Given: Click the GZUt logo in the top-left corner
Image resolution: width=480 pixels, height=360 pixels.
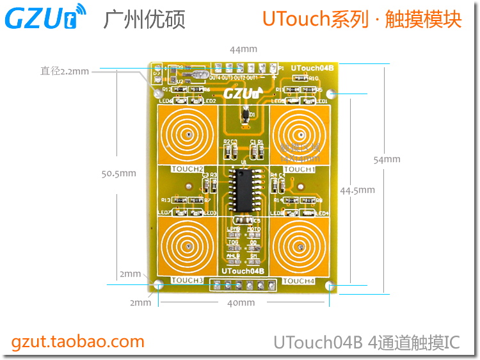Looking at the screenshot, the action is tap(45, 17).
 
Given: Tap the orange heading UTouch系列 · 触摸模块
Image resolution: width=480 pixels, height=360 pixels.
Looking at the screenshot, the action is tap(362, 19).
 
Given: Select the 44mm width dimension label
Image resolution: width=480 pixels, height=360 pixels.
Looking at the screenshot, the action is tap(243, 49).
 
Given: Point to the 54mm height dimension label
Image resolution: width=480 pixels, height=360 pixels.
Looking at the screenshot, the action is tap(387, 160).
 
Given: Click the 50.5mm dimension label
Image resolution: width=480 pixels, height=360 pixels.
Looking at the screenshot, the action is tap(119, 173).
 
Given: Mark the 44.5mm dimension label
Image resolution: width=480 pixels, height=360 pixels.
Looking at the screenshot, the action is tap(358, 190).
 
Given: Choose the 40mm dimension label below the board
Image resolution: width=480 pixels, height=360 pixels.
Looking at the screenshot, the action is tap(242, 303).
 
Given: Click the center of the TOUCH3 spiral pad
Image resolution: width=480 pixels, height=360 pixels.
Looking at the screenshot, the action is tap(188, 247).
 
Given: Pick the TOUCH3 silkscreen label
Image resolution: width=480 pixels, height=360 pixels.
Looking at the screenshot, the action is tap(188, 281).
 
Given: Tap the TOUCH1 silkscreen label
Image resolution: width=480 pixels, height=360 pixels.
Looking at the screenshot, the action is tap(299, 170).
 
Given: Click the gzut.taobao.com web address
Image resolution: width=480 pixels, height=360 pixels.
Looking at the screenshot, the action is tap(78, 341).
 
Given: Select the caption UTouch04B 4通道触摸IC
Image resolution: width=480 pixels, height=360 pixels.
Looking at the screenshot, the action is tap(367, 342).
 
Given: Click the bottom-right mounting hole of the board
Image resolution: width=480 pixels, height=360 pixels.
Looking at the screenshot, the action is tap(330, 286).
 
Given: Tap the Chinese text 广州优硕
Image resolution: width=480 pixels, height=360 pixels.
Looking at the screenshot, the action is tap(144, 19).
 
